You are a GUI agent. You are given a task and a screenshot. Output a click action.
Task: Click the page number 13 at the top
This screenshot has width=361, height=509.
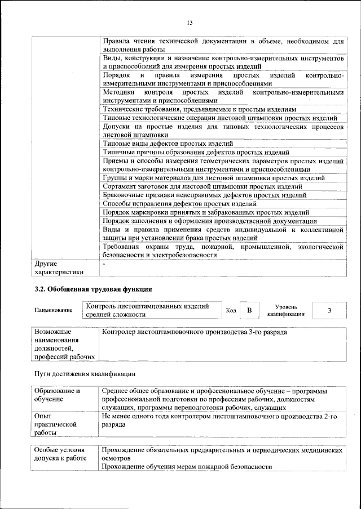pyautogui.click(x=190, y=23)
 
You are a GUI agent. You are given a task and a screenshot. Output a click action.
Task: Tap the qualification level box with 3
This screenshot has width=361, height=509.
pyautogui.click(x=329, y=310)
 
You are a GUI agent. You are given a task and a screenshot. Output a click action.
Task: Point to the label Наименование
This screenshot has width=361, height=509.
pyautogui.click(x=54, y=311)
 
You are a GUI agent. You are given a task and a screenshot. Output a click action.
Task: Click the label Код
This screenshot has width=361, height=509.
pyautogui.click(x=231, y=311)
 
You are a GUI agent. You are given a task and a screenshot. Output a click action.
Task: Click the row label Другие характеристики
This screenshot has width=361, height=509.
pyautogui.click(x=59, y=267)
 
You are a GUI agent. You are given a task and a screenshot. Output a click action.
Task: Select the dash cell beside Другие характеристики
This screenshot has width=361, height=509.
pyautogui.click(x=104, y=264)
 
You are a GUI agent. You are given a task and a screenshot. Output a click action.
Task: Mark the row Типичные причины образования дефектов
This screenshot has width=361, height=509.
pyautogui.click(x=197, y=152)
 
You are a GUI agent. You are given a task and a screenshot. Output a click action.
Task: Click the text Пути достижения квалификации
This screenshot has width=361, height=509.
pyautogui.click(x=85, y=374)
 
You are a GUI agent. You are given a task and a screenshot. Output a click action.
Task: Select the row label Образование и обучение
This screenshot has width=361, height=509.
pyautogui.click(x=57, y=395)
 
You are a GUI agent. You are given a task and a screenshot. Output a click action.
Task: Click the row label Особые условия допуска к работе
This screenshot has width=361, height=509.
pyautogui.click(x=60, y=454)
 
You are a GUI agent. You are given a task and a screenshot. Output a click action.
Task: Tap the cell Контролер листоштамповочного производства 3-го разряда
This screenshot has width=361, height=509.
pyautogui.click(x=194, y=332)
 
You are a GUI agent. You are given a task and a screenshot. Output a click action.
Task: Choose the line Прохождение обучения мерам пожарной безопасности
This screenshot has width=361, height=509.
pyautogui.click(x=187, y=467)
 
